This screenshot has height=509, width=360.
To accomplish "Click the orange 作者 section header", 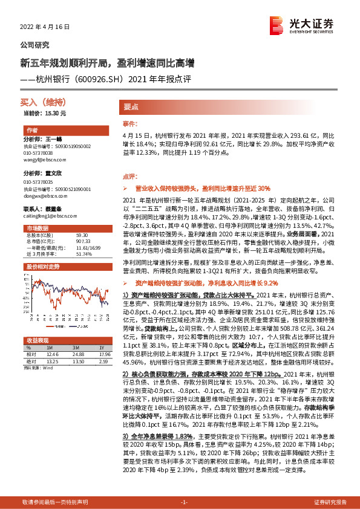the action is pos(33,131).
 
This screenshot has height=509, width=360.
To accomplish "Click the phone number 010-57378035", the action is pos(38,182).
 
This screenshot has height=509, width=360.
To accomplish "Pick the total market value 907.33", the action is pos(83,242).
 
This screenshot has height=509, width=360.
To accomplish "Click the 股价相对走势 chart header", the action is pos(42,266).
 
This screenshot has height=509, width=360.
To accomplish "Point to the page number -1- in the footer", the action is pos(185,502).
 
